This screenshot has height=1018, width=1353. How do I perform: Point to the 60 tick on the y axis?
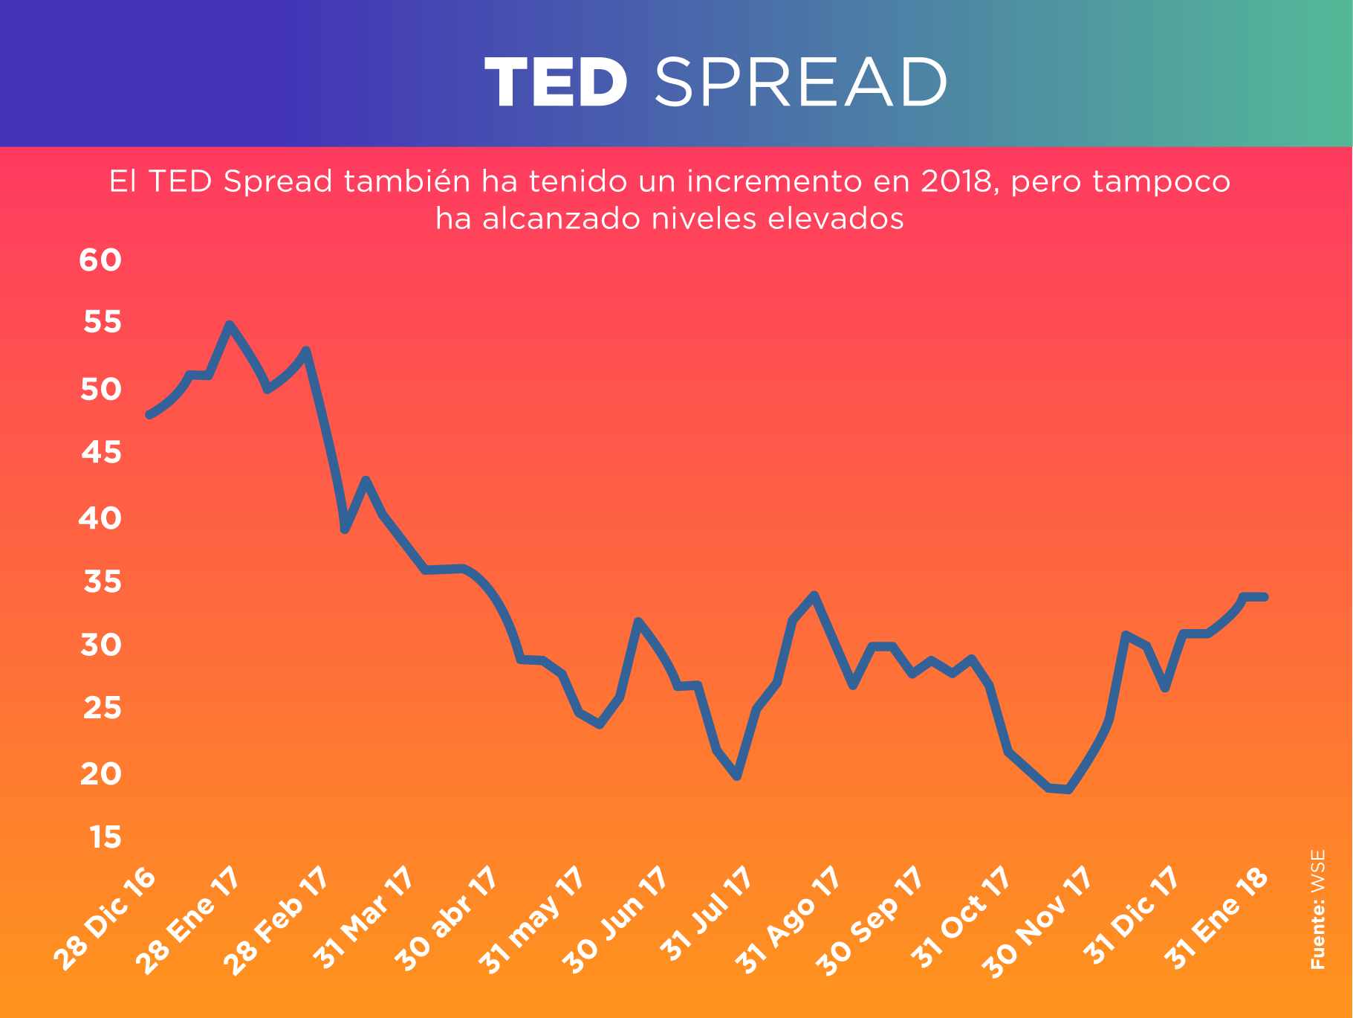tap(100, 260)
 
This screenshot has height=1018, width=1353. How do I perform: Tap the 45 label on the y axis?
tap(100, 452)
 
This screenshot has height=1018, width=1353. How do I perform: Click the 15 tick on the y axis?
tap(105, 838)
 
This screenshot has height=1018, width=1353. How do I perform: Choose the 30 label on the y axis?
tap(100, 645)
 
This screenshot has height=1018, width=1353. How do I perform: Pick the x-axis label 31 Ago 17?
tap(788, 920)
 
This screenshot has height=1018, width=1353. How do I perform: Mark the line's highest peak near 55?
tap(230, 325)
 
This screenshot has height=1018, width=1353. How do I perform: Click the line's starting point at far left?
tap(150, 414)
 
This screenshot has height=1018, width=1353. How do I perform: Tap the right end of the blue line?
tap(1264, 596)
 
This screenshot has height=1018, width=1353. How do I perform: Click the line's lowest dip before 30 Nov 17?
tap(1068, 790)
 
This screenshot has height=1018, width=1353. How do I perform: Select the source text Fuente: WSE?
tap(1317, 909)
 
